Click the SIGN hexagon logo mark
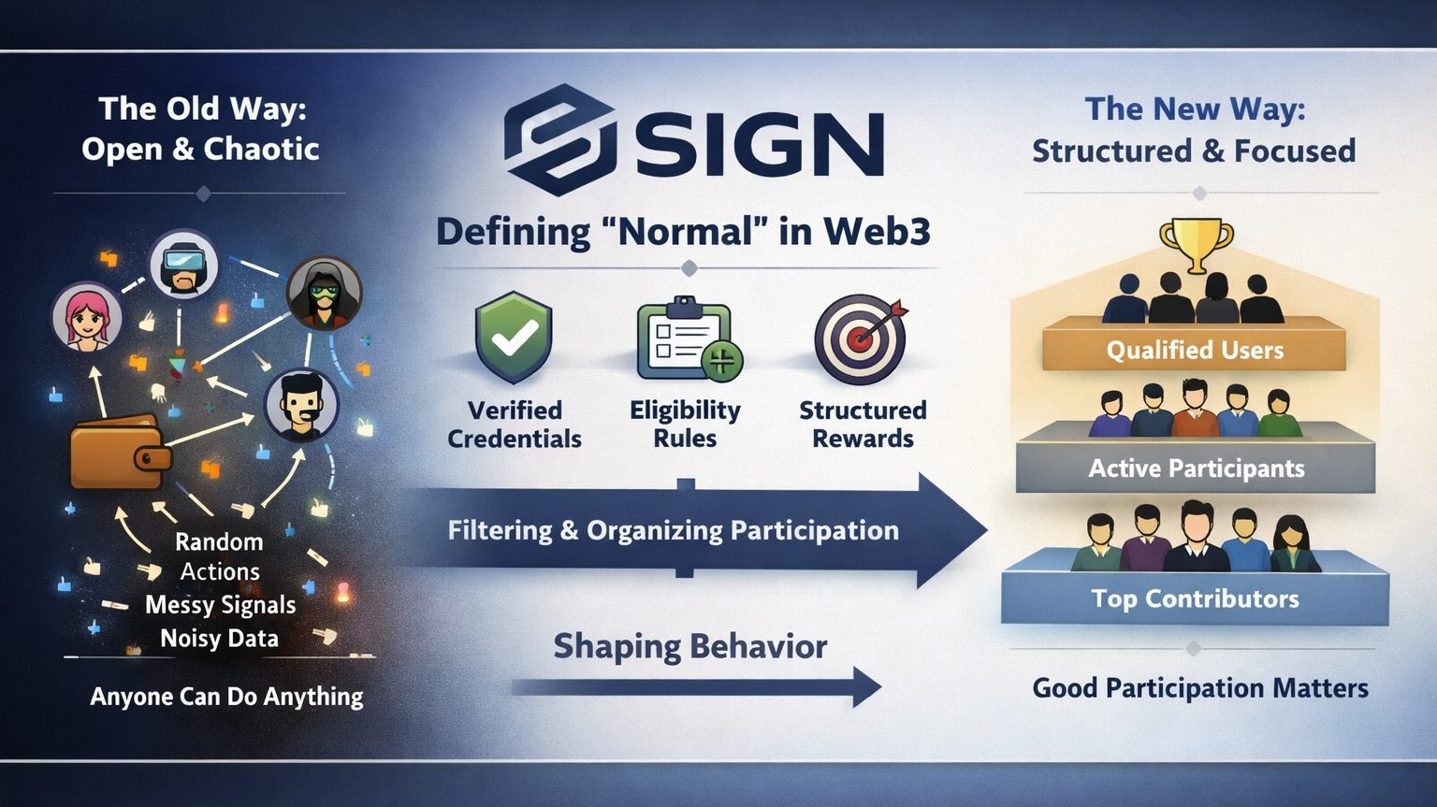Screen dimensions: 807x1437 point(559,139)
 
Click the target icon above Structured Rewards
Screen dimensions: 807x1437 point(861,339)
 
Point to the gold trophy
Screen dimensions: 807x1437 point(1196,243)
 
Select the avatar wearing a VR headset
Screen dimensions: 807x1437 point(184,265)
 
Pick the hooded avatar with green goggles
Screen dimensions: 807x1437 point(324,293)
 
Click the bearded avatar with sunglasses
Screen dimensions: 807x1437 point(301,405)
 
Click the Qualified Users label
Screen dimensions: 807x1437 point(1195,351)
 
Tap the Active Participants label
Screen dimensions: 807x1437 point(1196,468)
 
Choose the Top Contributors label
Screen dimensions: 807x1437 point(1195,598)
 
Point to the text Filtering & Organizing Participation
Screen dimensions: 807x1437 point(673,530)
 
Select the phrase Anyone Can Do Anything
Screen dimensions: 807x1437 point(226,697)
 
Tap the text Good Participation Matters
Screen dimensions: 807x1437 point(1199,688)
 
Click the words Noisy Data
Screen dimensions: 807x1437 point(220,639)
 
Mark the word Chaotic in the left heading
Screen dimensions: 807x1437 point(262,150)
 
